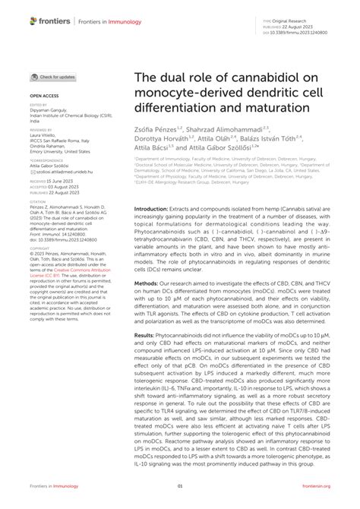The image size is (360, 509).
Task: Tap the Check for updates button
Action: click(53, 77)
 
